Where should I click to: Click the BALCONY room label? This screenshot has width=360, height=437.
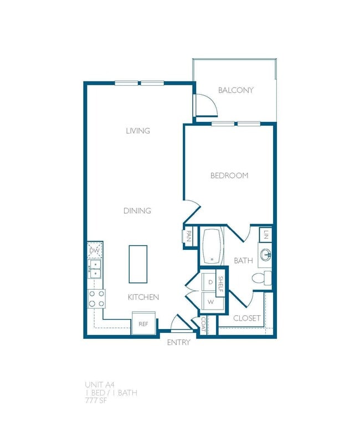click(x=235, y=90)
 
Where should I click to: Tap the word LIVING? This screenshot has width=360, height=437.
click(x=138, y=131)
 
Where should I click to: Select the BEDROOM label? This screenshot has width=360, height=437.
click(x=229, y=176)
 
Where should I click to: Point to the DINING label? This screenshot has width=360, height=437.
click(x=137, y=211)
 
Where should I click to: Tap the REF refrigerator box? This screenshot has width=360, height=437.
click(x=143, y=324)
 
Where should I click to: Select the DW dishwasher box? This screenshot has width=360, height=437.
click(x=95, y=250)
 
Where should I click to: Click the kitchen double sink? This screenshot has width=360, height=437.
click(x=95, y=269)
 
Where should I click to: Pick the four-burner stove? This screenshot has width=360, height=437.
click(x=96, y=299)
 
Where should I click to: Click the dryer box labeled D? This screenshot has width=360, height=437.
click(x=210, y=282)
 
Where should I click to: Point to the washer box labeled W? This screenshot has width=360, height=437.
click(x=210, y=302)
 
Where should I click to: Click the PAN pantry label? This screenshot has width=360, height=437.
click(x=189, y=237)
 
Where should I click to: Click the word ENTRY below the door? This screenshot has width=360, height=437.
click(x=178, y=342)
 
